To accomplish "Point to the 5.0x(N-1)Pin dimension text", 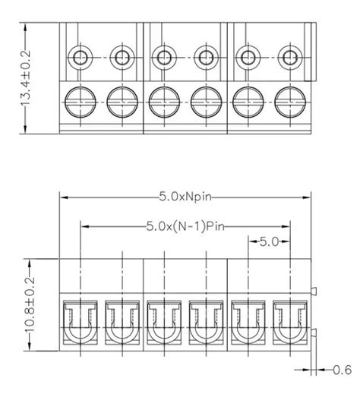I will pyautogui.click(x=185, y=225).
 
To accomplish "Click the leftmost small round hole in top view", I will pyautogui.click(x=80, y=56).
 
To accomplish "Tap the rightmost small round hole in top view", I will pyautogui.click(x=289, y=56).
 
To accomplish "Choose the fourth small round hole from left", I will pyautogui.click(x=205, y=56).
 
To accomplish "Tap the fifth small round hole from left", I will pyautogui.click(x=247, y=56).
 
